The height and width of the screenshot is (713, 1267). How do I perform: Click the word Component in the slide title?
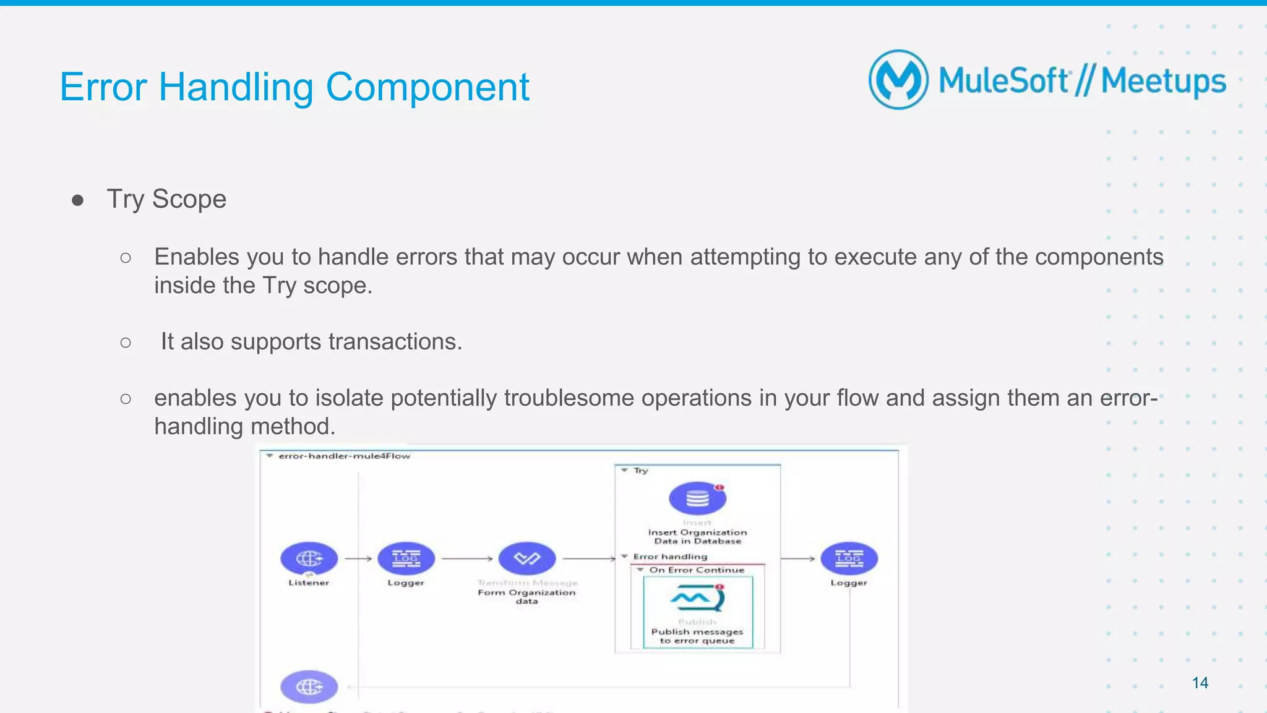pyautogui.click(x=427, y=87)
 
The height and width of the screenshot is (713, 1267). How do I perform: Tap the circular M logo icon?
pyautogui.click(x=898, y=80)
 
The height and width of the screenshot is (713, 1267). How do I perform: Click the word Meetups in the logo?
pyautogui.click(x=1163, y=81)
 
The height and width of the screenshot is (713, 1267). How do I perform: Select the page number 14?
pyautogui.click(x=1200, y=683)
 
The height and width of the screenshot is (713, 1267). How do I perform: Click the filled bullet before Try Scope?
pyautogui.click(x=77, y=200)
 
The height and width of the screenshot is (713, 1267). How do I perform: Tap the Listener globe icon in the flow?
pyautogui.click(x=309, y=558)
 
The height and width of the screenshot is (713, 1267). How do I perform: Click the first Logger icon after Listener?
pyautogui.click(x=406, y=558)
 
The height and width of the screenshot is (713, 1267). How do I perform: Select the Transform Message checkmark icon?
pyautogui.click(x=527, y=558)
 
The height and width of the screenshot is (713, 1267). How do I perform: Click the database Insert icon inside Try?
pyautogui.click(x=697, y=498)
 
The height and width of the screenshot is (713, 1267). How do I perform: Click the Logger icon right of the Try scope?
pyautogui.click(x=849, y=558)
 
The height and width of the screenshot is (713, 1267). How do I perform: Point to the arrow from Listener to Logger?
pyautogui.click(x=358, y=558)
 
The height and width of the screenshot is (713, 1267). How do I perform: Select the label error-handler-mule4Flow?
pyautogui.click(x=344, y=456)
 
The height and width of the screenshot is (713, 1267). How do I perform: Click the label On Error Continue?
pyautogui.click(x=697, y=570)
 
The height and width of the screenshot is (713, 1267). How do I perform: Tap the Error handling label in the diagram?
pyautogui.click(x=670, y=557)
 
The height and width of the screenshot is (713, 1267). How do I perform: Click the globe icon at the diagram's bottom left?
pyautogui.click(x=309, y=686)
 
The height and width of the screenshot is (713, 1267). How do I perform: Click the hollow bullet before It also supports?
pyautogui.click(x=126, y=342)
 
